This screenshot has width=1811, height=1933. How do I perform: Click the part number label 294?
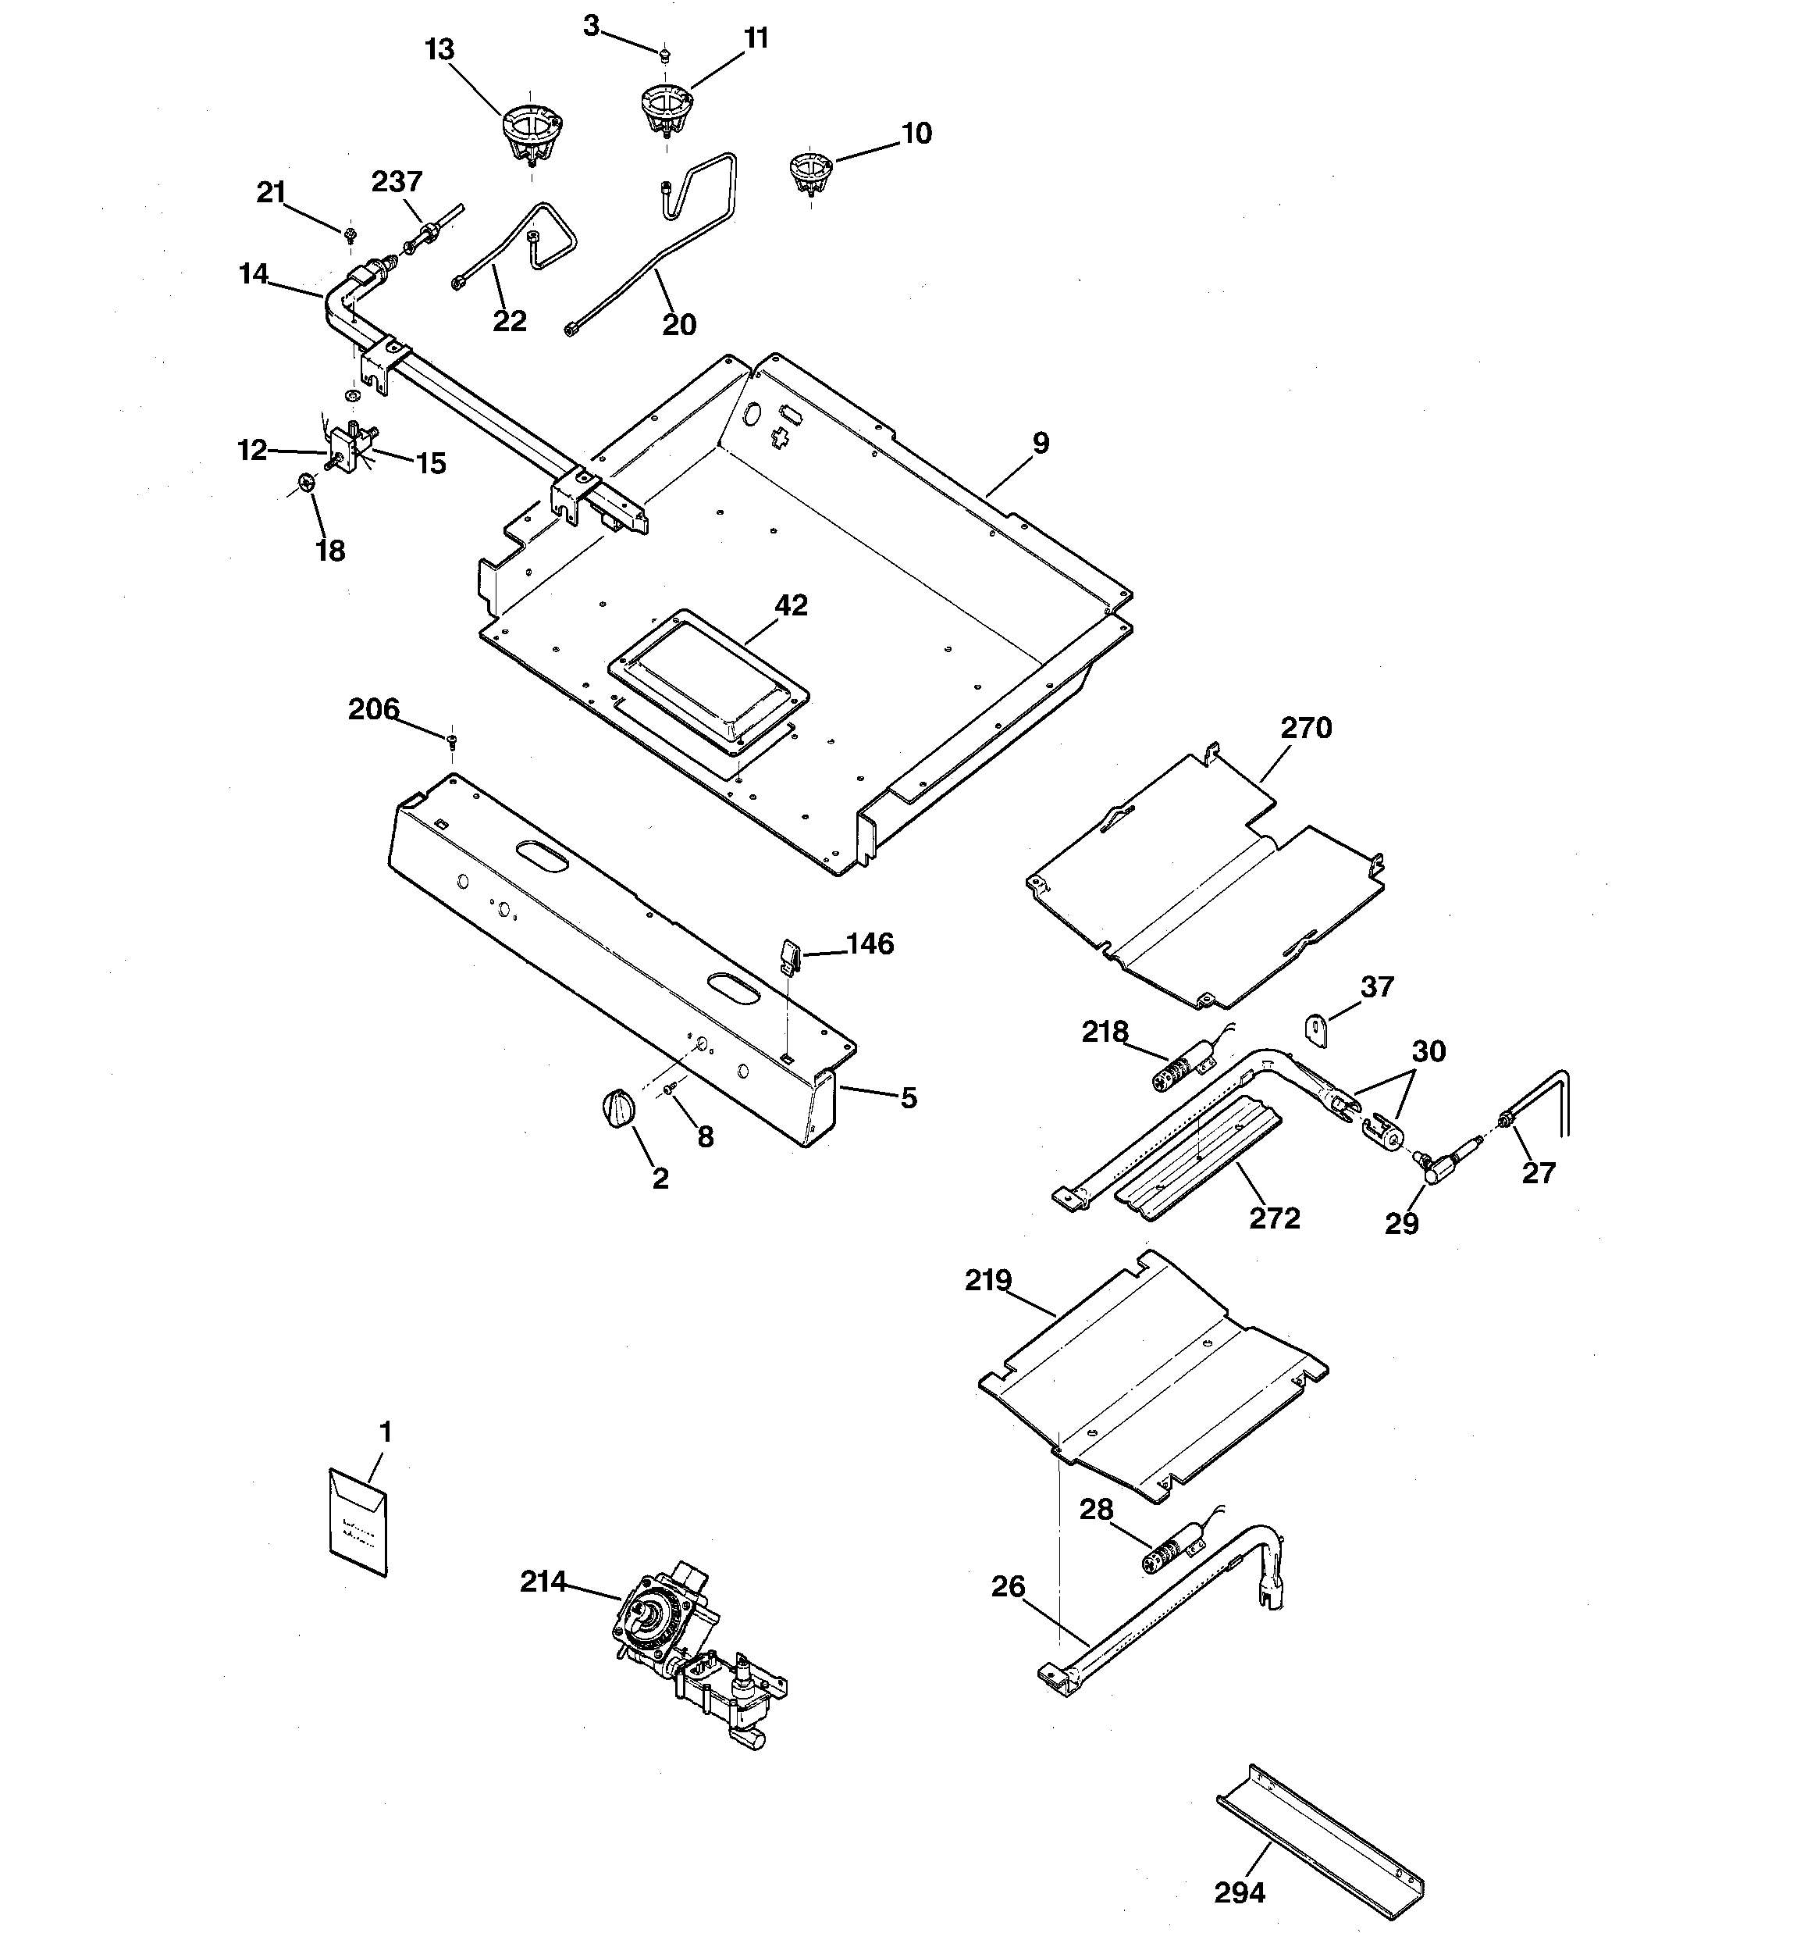1240,1892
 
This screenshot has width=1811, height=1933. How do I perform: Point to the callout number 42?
790,606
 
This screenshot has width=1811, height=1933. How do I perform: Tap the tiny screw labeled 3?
664,55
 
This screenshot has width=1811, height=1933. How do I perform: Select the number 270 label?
1305,728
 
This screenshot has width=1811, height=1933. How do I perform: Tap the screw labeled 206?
451,742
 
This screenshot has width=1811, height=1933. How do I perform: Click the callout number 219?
987,1281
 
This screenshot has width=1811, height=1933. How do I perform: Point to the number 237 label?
397,182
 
